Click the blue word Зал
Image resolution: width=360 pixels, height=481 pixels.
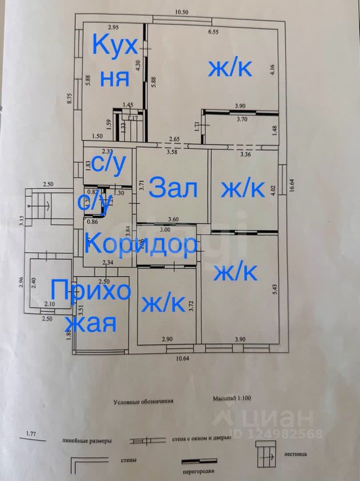tap(174, 189)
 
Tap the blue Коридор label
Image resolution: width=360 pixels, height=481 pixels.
tap(140, 245)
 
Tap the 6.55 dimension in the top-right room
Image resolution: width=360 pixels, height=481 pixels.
tap(215, 33)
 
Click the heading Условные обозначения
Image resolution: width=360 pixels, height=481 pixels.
tap(143, 401)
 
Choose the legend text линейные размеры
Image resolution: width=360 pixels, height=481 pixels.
tap(87, 441)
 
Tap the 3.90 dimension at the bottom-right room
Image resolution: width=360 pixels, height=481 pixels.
tap(240, 339)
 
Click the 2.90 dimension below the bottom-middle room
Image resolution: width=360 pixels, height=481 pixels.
tap(167, 339)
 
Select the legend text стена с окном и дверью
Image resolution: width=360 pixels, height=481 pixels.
tap(202, 437)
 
